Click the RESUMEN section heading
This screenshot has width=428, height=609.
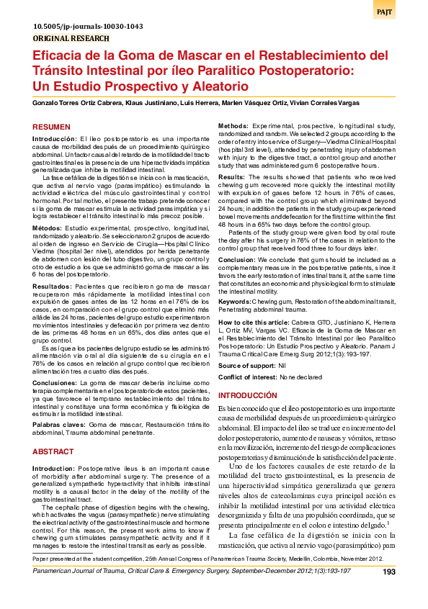[x=52, y=126]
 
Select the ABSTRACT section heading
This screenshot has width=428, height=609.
[x=53, y=451]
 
